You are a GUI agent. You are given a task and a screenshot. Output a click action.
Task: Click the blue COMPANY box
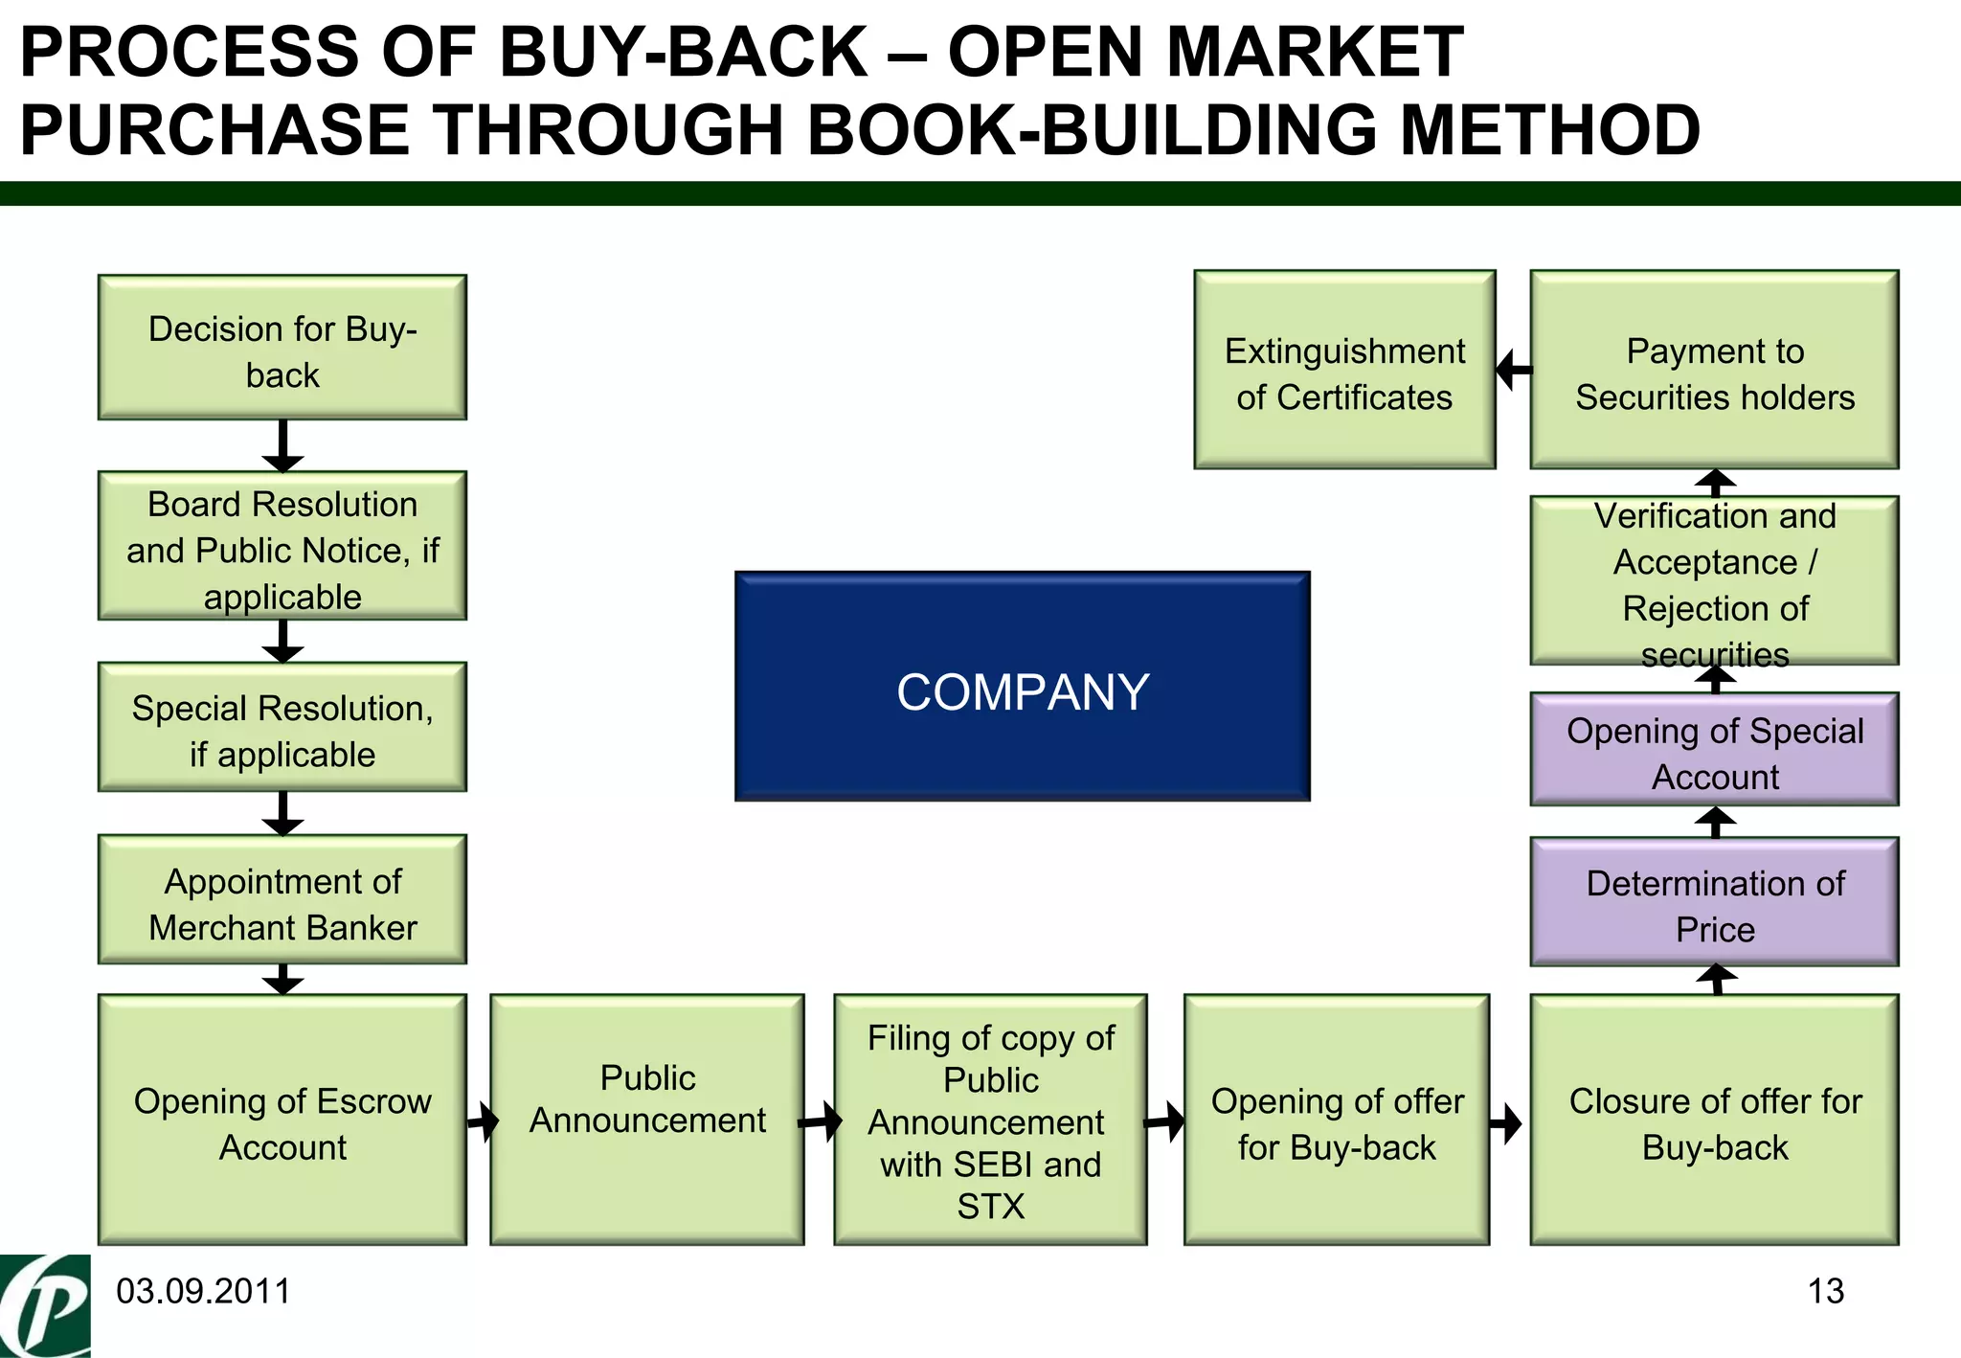pos(1022,687)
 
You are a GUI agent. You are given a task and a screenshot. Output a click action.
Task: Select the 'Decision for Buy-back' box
pos(282,348)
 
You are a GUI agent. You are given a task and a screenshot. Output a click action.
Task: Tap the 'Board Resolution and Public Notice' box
pos(282,546)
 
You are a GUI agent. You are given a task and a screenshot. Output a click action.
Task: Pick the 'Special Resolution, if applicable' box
pos(282,728)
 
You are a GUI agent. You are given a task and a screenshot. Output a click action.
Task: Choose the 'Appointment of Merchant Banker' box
pos(282,900)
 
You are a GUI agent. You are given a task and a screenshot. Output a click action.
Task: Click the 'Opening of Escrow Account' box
pos(282,1120)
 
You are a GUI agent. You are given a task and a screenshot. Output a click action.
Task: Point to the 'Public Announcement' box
pos(647,1120)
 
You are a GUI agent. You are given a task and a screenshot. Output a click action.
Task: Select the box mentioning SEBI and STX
pos(990,1120)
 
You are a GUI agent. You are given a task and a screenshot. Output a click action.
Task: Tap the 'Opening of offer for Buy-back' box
pos(1337,1120)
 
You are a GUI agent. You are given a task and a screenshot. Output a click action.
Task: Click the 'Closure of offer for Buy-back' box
pos(1714,1120)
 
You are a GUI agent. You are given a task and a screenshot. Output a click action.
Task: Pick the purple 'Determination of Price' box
pos(1714,902)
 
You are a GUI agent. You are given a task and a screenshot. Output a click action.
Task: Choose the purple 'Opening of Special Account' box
pos(1714,750)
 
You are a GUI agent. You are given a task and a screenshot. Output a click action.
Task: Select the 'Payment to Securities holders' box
pos(1714,371)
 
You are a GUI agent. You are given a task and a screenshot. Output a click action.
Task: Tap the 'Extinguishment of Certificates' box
pos(1344,371)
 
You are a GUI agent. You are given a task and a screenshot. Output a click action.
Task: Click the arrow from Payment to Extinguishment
pos(1514,370)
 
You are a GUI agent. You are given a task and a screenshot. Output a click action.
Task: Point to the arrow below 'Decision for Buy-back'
pos(282,446)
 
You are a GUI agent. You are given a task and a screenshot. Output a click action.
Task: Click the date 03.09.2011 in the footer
pos(203,1292)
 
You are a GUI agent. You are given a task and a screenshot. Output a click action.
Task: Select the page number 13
pos(1825,1292)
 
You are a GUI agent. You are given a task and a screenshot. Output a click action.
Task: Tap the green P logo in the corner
pos(45,1306)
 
